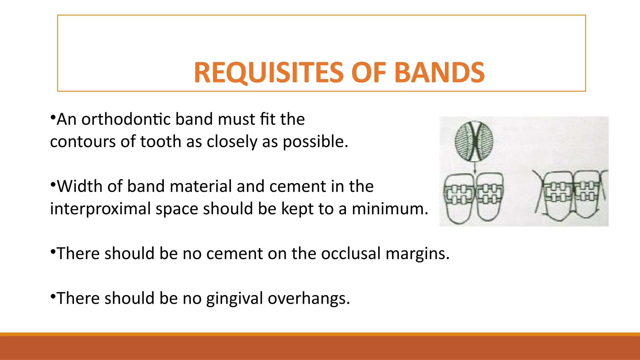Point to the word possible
315,142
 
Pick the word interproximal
100,208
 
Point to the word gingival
234,298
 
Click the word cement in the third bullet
234,253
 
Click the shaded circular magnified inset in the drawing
474,141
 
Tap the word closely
232,142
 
